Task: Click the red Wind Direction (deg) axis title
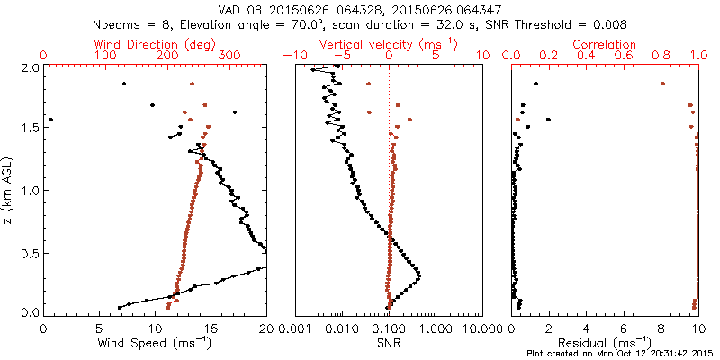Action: click(x=156, y=44)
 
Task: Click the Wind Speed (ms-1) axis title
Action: click(x=156, y=343)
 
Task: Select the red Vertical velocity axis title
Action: click(x=388, y=44)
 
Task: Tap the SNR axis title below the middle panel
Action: click(x=388, y=342)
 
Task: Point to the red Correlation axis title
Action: click(x=605, y=44)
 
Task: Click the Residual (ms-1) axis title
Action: click(x=605, y=343)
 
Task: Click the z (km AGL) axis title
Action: click(x=10, y=190)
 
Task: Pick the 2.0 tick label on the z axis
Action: click(x=29, y=67)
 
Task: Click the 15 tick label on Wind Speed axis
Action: click(x=211, y=328)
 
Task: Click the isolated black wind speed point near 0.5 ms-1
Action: click(x=50, y=119)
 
